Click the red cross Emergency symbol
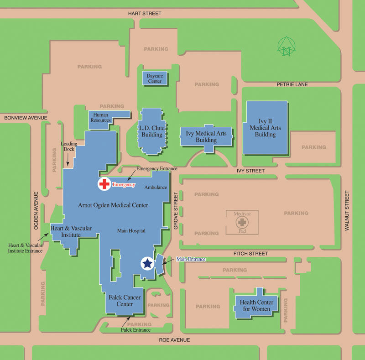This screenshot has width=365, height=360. pos(104,184)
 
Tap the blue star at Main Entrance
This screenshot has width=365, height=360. pos(147,263)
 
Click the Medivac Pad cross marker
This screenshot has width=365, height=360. pos(242,223)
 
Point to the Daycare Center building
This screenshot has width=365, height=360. pos(155,78)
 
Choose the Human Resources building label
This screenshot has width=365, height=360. pos(101,118)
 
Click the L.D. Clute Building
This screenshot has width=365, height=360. pos(152,131)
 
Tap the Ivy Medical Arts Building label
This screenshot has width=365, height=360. pos(206,136)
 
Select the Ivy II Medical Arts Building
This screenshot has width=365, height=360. pos(266,128)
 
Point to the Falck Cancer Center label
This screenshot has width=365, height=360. pos(125,301)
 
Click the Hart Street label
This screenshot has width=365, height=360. pos(146,13)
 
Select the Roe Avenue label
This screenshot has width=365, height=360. pos(174,340)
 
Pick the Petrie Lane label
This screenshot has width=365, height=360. pos(292,84)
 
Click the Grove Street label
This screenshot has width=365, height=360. pos(175,210)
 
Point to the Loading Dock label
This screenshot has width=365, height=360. pos(69,146)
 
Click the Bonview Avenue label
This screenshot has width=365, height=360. pos(26,118)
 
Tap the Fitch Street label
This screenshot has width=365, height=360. pos(250,253)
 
